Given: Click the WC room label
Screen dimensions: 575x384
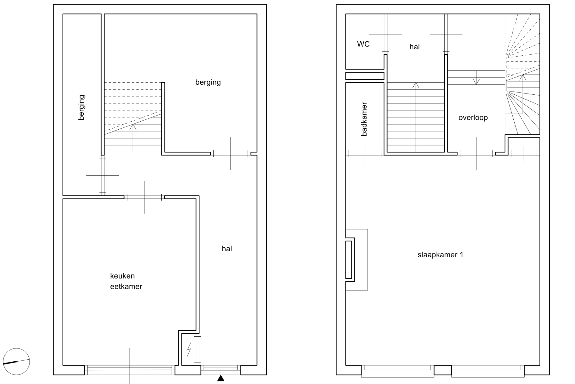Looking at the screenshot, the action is [363, 44].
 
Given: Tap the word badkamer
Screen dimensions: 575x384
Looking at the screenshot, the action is [364, 119].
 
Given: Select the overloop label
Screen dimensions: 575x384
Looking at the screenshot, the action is [473, 118].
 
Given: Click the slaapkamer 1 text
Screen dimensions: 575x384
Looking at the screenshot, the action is [440, 255].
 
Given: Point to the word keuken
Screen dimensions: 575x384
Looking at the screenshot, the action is [122, 276].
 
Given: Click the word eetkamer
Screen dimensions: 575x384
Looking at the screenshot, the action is [126, 286].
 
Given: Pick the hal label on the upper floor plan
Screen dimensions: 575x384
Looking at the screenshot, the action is [415, 47].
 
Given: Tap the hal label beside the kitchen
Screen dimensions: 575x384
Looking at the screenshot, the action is [227, 249].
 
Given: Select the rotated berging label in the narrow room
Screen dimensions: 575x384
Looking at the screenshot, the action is [82, 108].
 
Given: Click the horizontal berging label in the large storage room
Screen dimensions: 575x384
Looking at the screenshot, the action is [208, 83].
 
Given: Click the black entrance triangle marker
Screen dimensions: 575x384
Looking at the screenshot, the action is [221, 378].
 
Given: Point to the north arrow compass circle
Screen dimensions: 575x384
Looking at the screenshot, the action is [16, 362].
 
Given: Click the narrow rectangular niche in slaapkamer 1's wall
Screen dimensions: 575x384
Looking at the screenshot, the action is [349, 260].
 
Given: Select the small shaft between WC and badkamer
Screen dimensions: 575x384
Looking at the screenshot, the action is [365, 76].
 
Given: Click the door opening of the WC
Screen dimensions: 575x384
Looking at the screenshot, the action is [386, 34].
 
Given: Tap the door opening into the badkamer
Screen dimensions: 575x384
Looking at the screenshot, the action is [365, 154].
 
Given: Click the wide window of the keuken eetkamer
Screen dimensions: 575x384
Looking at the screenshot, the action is [130, 370].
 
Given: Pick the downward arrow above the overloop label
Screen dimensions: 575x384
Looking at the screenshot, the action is [476, 77].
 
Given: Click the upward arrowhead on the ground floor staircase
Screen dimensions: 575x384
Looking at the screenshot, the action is [133, 127].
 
